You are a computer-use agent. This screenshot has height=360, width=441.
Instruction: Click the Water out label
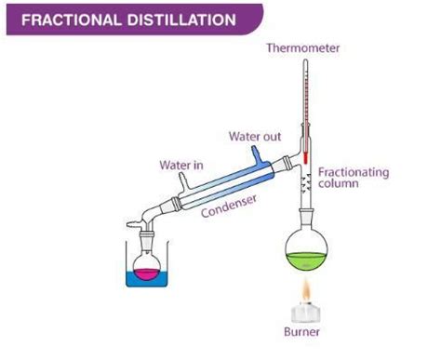tap(255, 137)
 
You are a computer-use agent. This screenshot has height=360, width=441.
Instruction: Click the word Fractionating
tap(352, 173)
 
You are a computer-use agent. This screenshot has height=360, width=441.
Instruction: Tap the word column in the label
tap(338, 187)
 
